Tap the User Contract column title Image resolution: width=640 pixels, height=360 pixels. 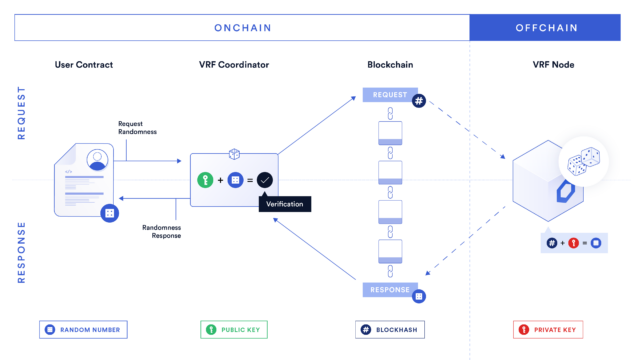click(x=84, y=65)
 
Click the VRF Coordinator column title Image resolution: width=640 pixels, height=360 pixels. click(x=234, y=65)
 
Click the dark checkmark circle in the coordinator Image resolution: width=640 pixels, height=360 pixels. click(x=264, y=180)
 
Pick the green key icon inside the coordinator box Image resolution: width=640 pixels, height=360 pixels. click(x=205, y=180)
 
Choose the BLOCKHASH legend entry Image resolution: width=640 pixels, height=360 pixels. click(x=390, y=328)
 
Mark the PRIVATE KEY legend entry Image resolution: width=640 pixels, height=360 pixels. click(x=547, y=328)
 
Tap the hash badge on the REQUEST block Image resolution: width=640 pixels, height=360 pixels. click(x=419, y=101)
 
